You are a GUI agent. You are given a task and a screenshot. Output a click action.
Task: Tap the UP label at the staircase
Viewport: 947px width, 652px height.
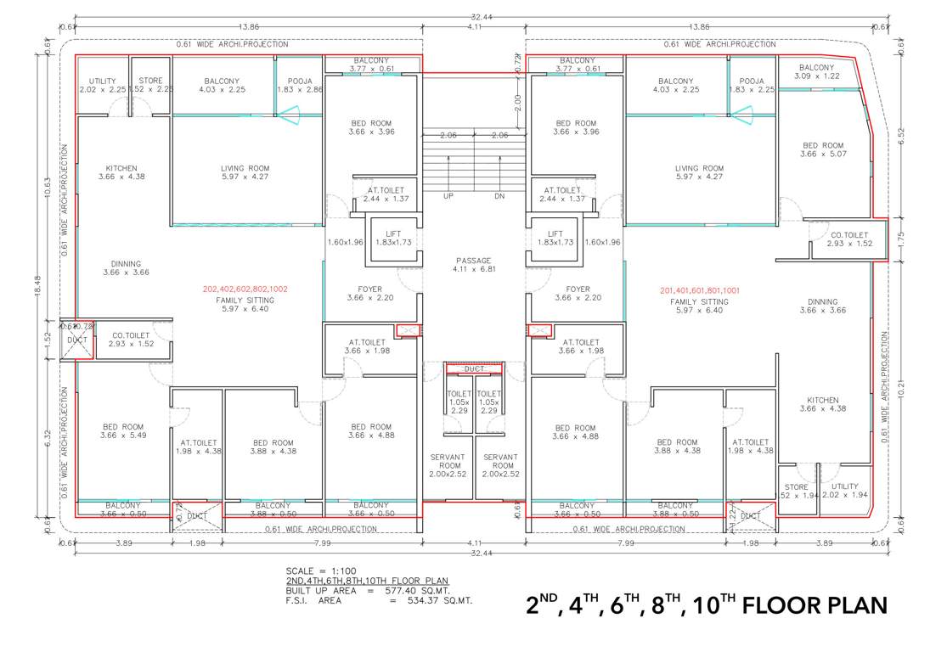(x=448, y=196)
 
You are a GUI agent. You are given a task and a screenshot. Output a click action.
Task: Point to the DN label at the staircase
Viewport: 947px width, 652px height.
(x=499, y=196)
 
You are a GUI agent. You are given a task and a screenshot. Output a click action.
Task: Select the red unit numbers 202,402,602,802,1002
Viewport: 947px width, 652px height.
(x=245, y=289)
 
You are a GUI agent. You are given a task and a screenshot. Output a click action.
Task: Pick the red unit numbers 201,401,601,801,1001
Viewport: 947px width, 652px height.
(x=699, y=290)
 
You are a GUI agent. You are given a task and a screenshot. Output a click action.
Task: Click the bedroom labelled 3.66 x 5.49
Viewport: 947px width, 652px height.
(x=124, y=431)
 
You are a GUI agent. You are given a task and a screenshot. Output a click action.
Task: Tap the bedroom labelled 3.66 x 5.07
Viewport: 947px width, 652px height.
(x=822, y=150)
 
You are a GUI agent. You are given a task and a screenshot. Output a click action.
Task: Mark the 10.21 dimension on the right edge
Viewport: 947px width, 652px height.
(x=902, y=389)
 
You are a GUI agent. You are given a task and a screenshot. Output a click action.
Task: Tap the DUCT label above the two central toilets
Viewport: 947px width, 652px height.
(x=474, y=369)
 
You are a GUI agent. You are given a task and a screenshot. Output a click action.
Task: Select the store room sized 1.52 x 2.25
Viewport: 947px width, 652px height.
(x=150, y=85)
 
